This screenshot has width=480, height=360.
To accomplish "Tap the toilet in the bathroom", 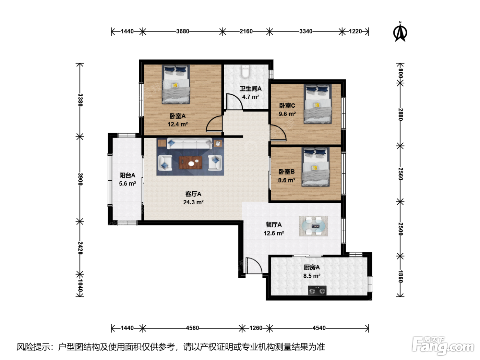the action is tap(246, 72).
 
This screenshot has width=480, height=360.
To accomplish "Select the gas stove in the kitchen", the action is tap(317, 290).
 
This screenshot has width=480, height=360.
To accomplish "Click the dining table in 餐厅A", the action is tap(313, 226).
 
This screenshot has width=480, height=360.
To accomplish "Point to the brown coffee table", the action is tap(190, 163).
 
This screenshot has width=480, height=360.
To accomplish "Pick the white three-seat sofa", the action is tap(189, 143).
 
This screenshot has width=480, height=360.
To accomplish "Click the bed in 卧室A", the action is tap(176, 84).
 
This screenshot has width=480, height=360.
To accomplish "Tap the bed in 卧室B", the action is tap(315, 167).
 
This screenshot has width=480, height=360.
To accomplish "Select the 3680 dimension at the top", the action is tap(183, 32).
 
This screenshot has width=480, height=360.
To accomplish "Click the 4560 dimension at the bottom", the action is tap(192, 328).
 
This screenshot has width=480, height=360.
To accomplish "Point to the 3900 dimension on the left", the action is tap(80, 179).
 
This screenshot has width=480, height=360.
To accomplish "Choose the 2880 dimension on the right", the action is tap(400, 114).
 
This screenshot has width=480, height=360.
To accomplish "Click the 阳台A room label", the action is tap(127, 175).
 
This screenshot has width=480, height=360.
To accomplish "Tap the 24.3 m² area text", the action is tap(193, 202).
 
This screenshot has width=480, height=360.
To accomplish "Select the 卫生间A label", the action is tap(251, 88).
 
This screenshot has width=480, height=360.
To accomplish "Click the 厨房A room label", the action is tap(312, 267).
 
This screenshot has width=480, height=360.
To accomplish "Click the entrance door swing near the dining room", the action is tap(254, 266).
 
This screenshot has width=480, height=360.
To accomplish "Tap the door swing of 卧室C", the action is tap(278, 133).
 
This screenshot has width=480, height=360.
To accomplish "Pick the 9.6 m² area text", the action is tap(287, 114).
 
